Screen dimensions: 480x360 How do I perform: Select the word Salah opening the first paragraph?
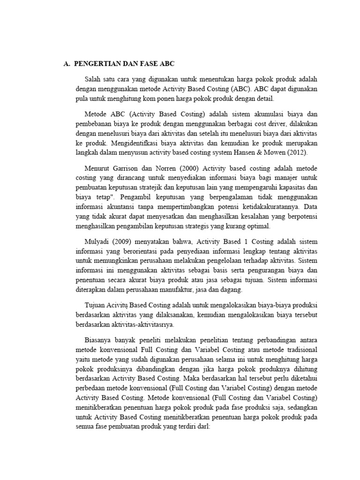93,79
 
